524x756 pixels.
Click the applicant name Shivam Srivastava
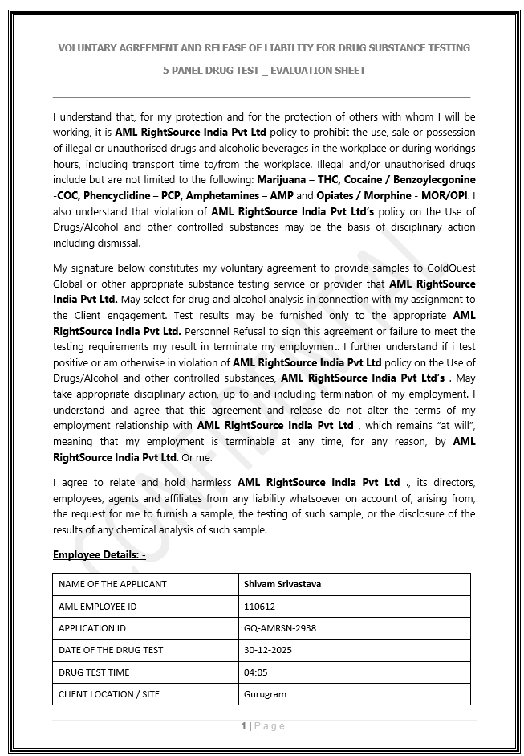282,584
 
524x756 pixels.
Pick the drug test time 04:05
255,672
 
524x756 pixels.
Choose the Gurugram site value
265,693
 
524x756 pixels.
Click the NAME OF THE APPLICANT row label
112,584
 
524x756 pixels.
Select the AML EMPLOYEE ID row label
98,607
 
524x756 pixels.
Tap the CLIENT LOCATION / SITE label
109,693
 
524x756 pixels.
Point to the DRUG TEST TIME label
94,672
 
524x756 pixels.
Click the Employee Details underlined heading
99,554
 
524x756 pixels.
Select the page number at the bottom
244,726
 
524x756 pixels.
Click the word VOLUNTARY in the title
90,48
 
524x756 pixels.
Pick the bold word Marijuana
282,179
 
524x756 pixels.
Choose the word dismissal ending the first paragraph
116,244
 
